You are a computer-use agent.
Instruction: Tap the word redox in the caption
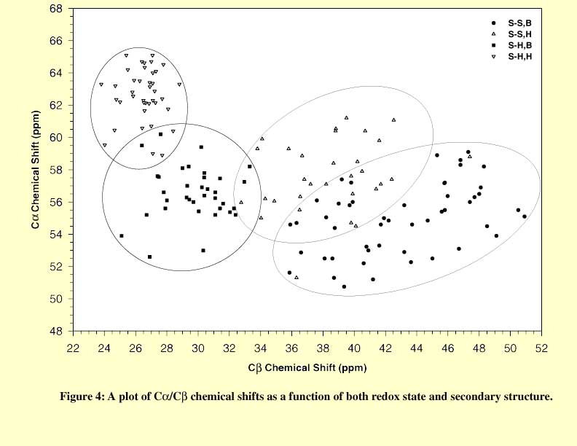(383, 397)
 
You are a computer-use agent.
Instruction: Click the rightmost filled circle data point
(525, 216)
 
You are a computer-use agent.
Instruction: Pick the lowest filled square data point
(150, 257)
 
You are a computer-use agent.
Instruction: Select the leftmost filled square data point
(122, 236)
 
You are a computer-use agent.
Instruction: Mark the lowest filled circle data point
(344, 286)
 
